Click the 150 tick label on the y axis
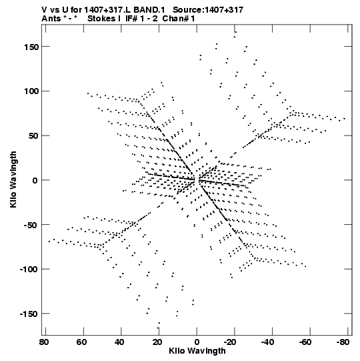(31, 47)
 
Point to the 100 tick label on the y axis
(31, 91)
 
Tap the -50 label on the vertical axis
(31, 225)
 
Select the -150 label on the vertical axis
(29, 314)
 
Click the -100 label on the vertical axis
(29, 270)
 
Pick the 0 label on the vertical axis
(35, 181)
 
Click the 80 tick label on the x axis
(44, 342)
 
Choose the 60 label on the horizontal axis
(81, 342)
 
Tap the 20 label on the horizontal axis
(157, 342)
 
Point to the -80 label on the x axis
(343, 342)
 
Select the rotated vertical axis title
(13, 179)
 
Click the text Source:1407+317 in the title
(208, 10)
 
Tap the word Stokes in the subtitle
(101, 19)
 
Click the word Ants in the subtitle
(51, 19)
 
